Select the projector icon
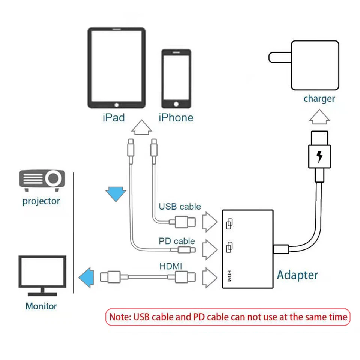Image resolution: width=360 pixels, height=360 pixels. click(42, 179)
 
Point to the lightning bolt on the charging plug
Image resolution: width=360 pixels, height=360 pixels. click(319, 157)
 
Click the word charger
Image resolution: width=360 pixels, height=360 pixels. click(319, 99)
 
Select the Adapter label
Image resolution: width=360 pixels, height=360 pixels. click(297, 275)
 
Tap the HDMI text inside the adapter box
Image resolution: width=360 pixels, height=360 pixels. click(229, 276)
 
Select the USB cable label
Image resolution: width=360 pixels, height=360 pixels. click(180, 207)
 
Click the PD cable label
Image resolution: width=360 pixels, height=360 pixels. click(177, 241)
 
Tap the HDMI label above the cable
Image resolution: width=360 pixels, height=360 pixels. click(171, 266)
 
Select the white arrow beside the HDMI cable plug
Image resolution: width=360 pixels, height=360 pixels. click(210, 277)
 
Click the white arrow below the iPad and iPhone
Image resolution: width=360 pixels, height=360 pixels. click(142, 127)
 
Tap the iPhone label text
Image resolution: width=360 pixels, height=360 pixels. click(176, 118)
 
